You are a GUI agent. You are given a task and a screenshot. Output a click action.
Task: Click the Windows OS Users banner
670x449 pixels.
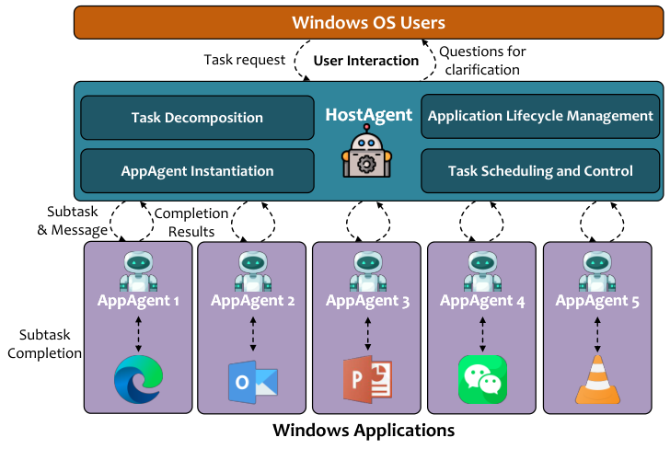click(368, 22)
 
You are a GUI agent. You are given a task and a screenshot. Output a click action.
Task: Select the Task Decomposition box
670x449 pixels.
click(197, 118)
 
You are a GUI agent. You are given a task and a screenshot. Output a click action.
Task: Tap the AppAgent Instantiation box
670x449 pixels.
click(197, 171)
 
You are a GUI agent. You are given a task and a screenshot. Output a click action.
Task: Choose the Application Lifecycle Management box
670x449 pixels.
click(540, 116)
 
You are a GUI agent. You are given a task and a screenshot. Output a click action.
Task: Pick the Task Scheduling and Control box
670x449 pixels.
click(540, 171)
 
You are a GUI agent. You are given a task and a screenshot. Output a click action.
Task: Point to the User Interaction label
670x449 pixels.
click(366, 61)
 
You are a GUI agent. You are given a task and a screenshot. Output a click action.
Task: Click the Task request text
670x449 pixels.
click(243, 60)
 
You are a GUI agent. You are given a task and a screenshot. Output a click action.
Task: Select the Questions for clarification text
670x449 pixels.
click(479, 60)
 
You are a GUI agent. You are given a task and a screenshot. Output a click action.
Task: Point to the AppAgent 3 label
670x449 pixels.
click(368, 301)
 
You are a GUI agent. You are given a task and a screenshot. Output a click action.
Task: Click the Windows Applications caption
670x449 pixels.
click(364, 431)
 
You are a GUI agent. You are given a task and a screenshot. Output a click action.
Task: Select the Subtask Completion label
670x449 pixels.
click(45, 343)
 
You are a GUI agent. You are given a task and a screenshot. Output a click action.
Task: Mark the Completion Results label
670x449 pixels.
click(191, 222)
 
